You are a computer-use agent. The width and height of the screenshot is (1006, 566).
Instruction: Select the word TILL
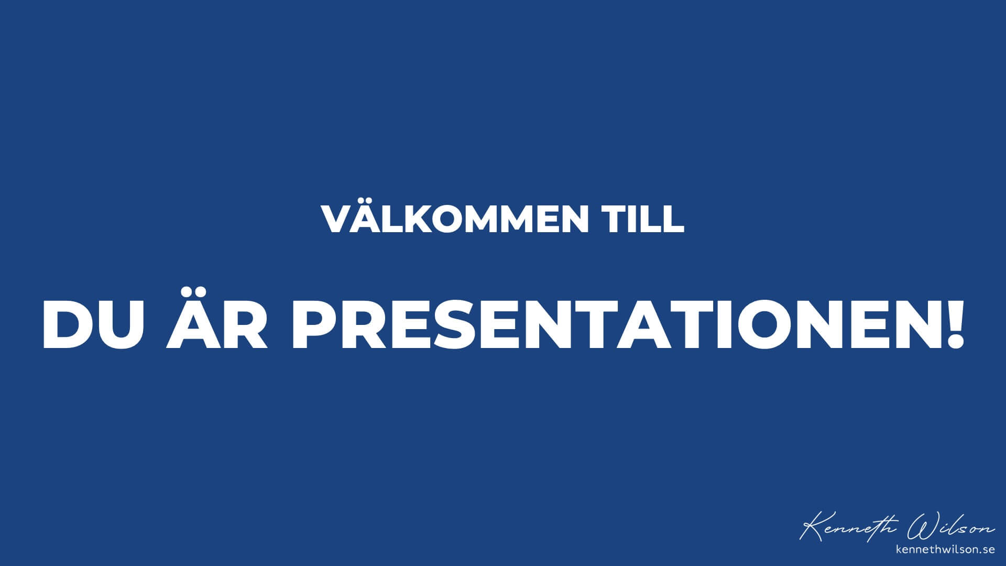click(644, 219)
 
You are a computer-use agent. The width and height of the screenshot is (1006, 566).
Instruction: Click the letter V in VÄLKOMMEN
click(337, 219)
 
